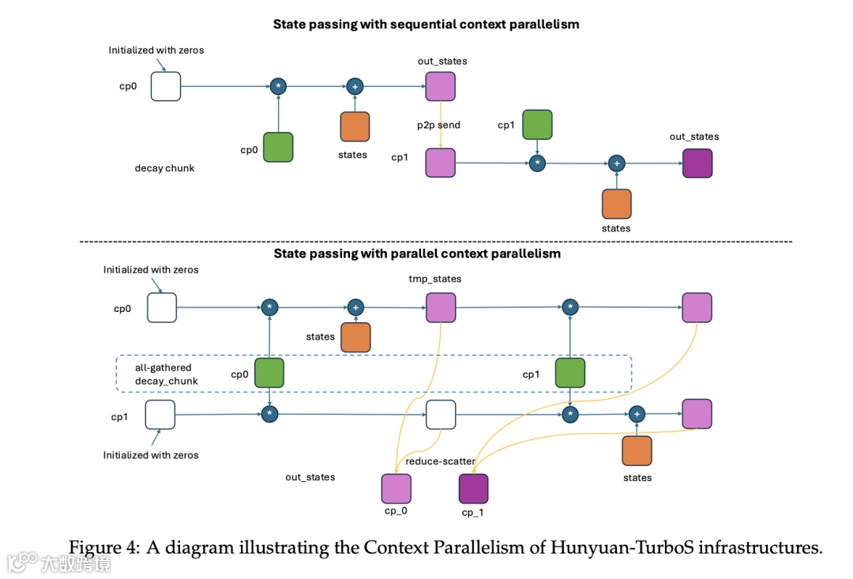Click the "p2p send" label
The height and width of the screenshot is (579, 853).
click(439, 125)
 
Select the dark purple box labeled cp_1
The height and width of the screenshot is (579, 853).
click(474, 489)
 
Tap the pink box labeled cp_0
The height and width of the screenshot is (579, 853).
click(396, 489)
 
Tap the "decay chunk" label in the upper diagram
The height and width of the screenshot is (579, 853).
click(164, 168)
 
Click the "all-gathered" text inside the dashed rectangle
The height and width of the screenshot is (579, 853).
click(163, 367)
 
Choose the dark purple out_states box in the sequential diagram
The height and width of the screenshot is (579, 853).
click(697, 164)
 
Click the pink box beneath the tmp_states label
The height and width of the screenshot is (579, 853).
click(441, 307)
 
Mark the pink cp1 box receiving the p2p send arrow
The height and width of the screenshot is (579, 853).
click(441, 163)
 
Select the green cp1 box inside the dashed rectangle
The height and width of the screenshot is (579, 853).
click(569, 373)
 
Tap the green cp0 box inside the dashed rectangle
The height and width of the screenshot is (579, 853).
click(269, 373)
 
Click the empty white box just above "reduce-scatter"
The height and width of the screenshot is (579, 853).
click(441, 414)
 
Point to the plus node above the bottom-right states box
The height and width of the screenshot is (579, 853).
click(637, 413)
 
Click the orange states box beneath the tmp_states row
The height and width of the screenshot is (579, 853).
click(355, 336)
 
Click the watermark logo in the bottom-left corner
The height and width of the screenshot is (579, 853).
click(24, 562)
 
